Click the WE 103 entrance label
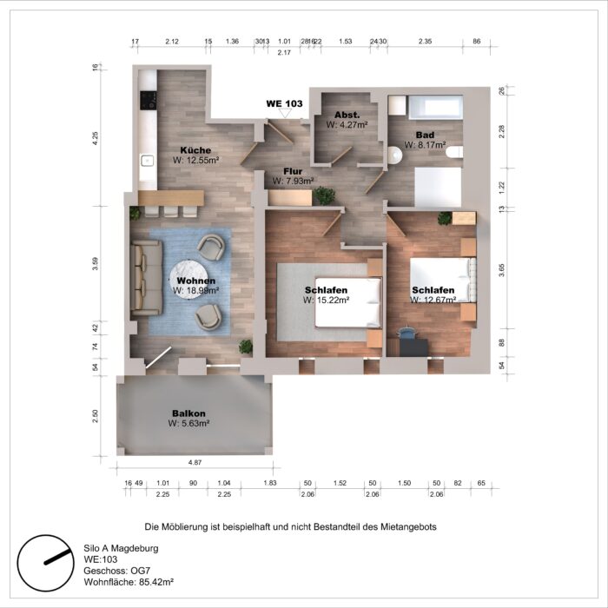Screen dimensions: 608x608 pos(284,103)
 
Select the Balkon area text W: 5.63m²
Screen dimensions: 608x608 pos(189,424)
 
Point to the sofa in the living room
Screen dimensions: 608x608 pos(146,279)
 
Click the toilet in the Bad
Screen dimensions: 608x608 pos(453,152)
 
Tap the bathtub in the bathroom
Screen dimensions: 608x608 pos(439,109)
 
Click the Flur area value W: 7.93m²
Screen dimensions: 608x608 pos(292,182)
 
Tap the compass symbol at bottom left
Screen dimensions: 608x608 pos(44,561)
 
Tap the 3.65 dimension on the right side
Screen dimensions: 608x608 pos(501,270)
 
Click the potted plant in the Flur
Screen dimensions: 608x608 pos(325,196)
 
